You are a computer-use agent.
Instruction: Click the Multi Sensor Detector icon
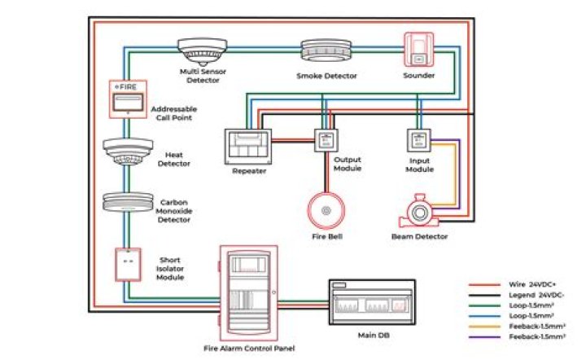[x=201, y=50]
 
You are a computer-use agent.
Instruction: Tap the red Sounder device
[x=418, y=50]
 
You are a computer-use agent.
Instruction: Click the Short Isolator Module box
[x=128, y=263]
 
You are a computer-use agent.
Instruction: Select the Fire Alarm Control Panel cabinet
[x=249, y=292]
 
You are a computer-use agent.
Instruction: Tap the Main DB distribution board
[x=371, y=301]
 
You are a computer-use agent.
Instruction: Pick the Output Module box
[x=326, y=138]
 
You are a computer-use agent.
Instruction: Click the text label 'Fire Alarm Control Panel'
[x=249, y=349]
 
